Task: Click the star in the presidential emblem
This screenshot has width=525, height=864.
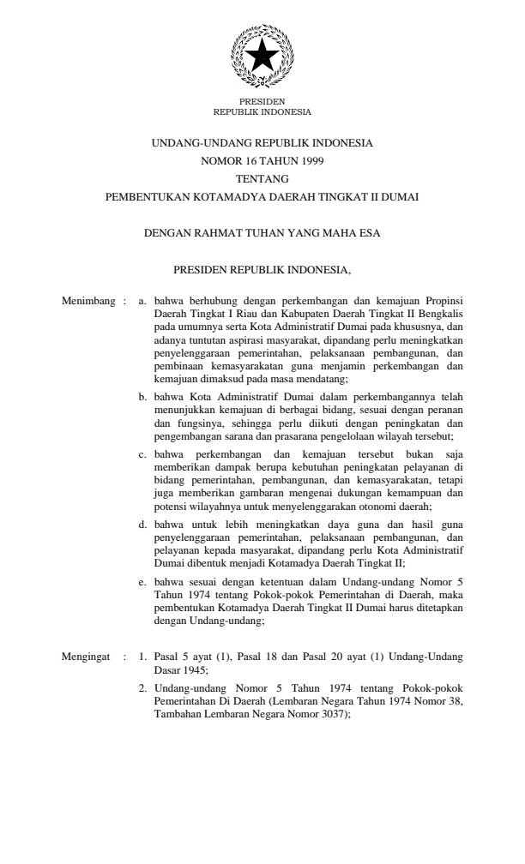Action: (x=262, y=56)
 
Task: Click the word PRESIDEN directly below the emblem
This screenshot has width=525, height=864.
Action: (x=262, y=102)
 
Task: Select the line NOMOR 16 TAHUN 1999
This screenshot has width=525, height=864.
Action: (x=262, y=160)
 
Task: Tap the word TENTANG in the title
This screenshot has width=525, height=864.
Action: (x=262, y=178)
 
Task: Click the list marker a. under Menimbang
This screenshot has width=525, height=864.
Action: (x=143, y=302)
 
